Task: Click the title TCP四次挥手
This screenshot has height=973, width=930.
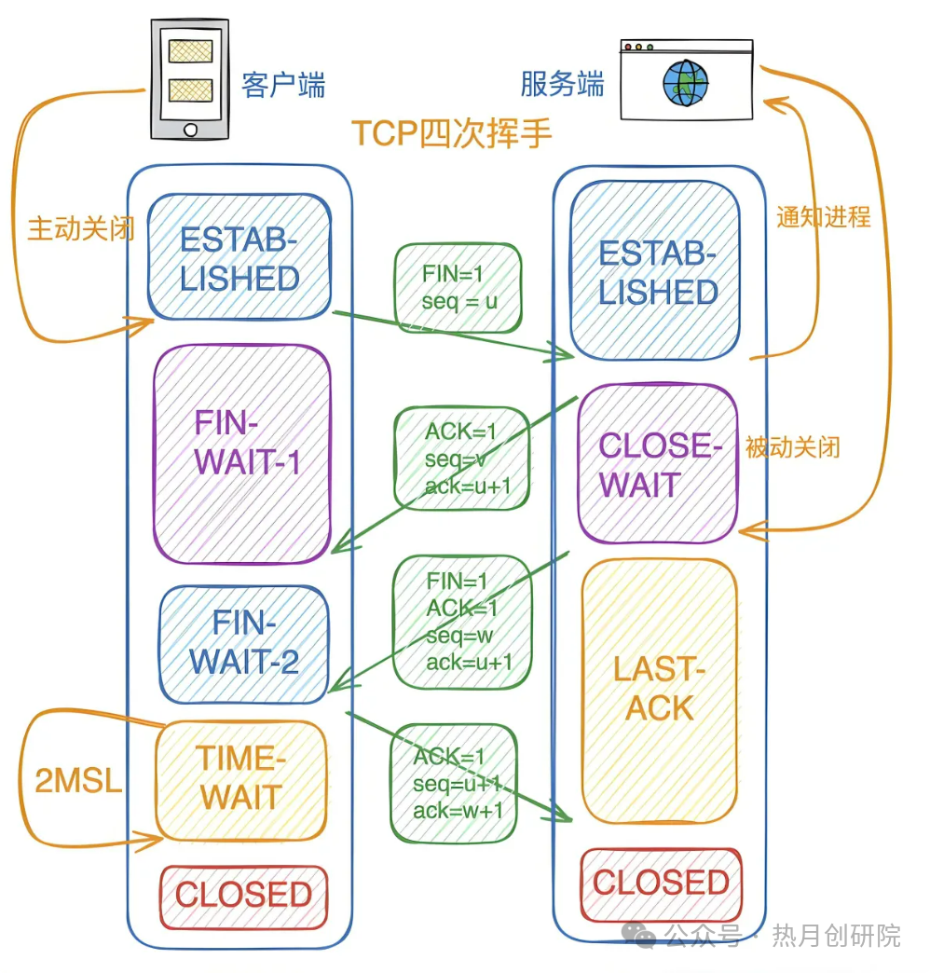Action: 452,133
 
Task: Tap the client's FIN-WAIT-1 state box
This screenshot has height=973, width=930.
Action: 242,454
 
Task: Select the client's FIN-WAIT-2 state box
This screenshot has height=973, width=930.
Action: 244,643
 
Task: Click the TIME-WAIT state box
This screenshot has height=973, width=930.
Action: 241,779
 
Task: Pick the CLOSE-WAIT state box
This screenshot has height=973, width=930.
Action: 657,463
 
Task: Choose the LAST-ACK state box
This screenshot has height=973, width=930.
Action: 660,690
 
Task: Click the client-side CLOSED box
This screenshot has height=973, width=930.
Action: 243,897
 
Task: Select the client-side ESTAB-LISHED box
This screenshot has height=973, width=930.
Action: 239,258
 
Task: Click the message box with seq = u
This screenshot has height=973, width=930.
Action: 458,288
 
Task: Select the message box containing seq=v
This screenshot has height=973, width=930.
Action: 462,459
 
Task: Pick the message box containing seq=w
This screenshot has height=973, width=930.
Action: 463,622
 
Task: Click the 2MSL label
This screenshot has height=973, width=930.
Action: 78,781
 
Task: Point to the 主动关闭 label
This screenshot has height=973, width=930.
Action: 80,229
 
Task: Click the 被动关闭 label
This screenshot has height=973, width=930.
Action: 792,446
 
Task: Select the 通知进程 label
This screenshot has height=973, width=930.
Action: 824,216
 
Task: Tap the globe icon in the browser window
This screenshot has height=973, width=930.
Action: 684,83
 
